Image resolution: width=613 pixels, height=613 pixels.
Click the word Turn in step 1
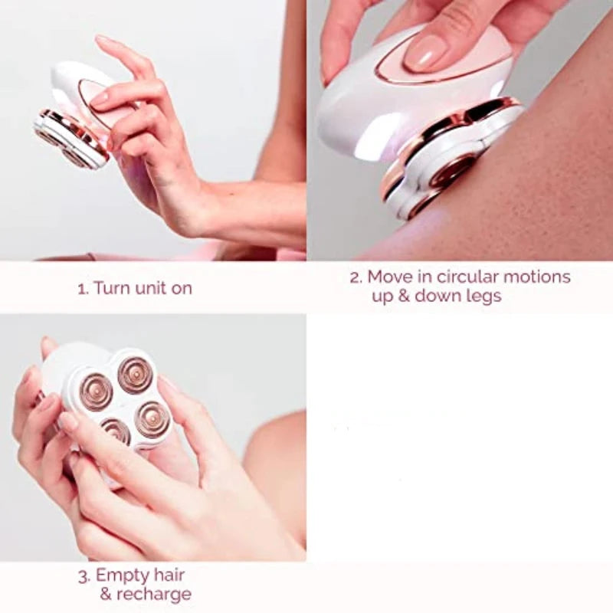click(x=112, y=289)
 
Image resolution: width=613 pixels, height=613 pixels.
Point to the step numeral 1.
click(x=84, y=290)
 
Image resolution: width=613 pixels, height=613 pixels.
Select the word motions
click(x=537, y=277)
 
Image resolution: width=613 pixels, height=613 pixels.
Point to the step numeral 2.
click(x=356, y=277)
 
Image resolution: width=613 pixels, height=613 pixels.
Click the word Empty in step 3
click(x=123, y=576)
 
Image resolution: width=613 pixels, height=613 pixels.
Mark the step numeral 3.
click(x=84, y=576)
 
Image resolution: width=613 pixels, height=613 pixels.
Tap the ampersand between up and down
click(x=404, y=296)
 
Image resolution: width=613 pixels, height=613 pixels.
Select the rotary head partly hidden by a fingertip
click(x=116, y=431)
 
